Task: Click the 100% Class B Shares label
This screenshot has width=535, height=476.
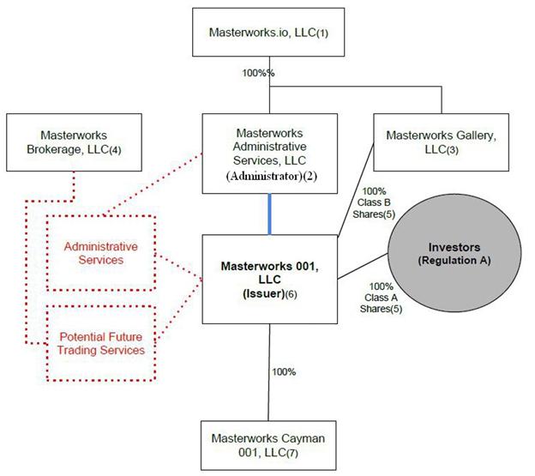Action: pos(373,202)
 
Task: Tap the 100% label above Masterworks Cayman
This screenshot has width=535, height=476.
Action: pos(284,372)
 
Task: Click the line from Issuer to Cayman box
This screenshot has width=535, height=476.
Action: pos(270,386)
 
